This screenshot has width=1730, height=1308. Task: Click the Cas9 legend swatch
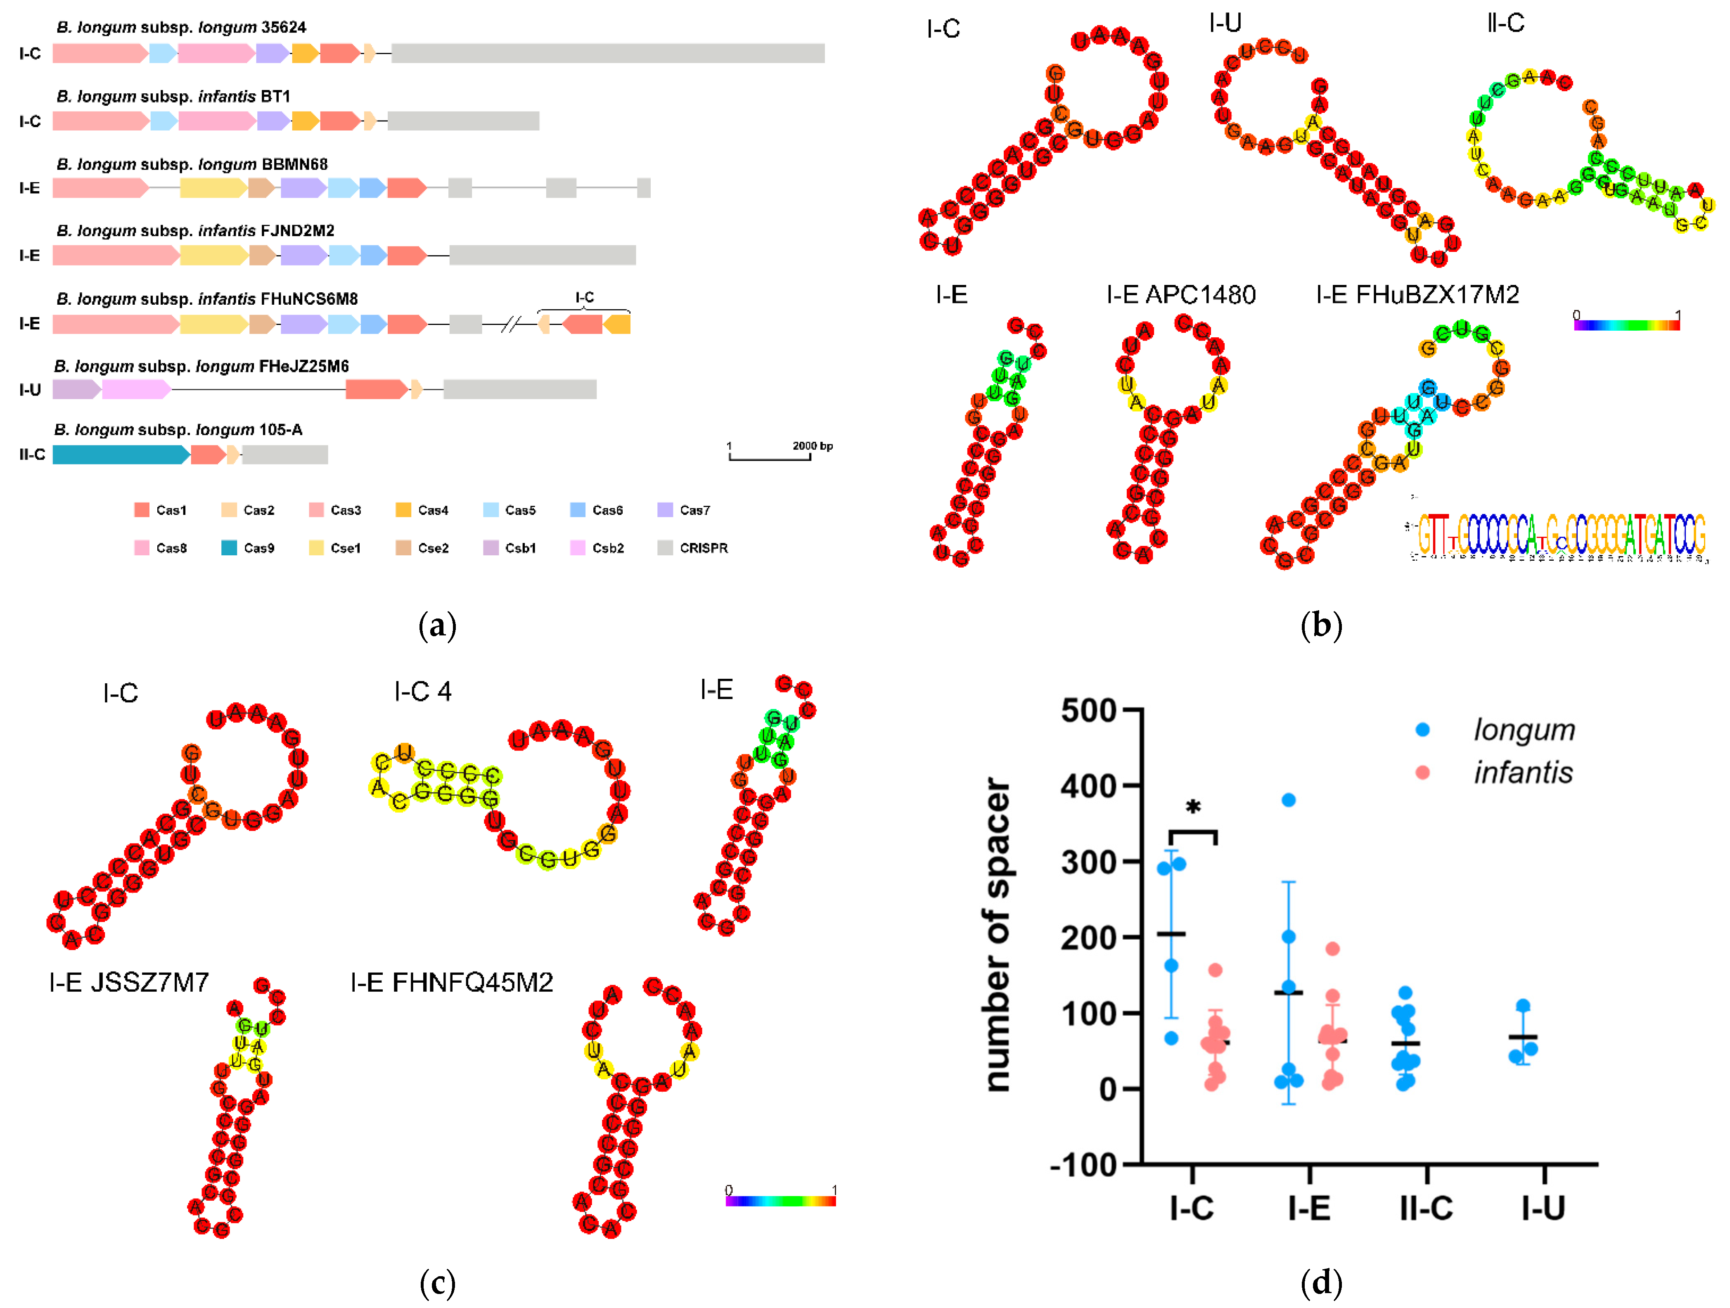[228, 547]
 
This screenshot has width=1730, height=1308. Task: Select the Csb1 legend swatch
[491, 547]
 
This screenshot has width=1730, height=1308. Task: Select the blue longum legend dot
[1423, 730]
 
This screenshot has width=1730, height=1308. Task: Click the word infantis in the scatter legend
[1523, 773]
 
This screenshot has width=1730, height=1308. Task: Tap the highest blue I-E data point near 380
[1288, 799]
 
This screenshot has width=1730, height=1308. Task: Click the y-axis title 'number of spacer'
[997, 935]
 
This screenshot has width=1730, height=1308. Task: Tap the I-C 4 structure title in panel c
[422, 692]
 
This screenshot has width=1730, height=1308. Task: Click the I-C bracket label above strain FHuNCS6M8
[584, 297]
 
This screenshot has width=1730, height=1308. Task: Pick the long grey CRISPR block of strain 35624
[608, 53]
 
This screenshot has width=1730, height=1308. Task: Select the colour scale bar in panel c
[780, 1201]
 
